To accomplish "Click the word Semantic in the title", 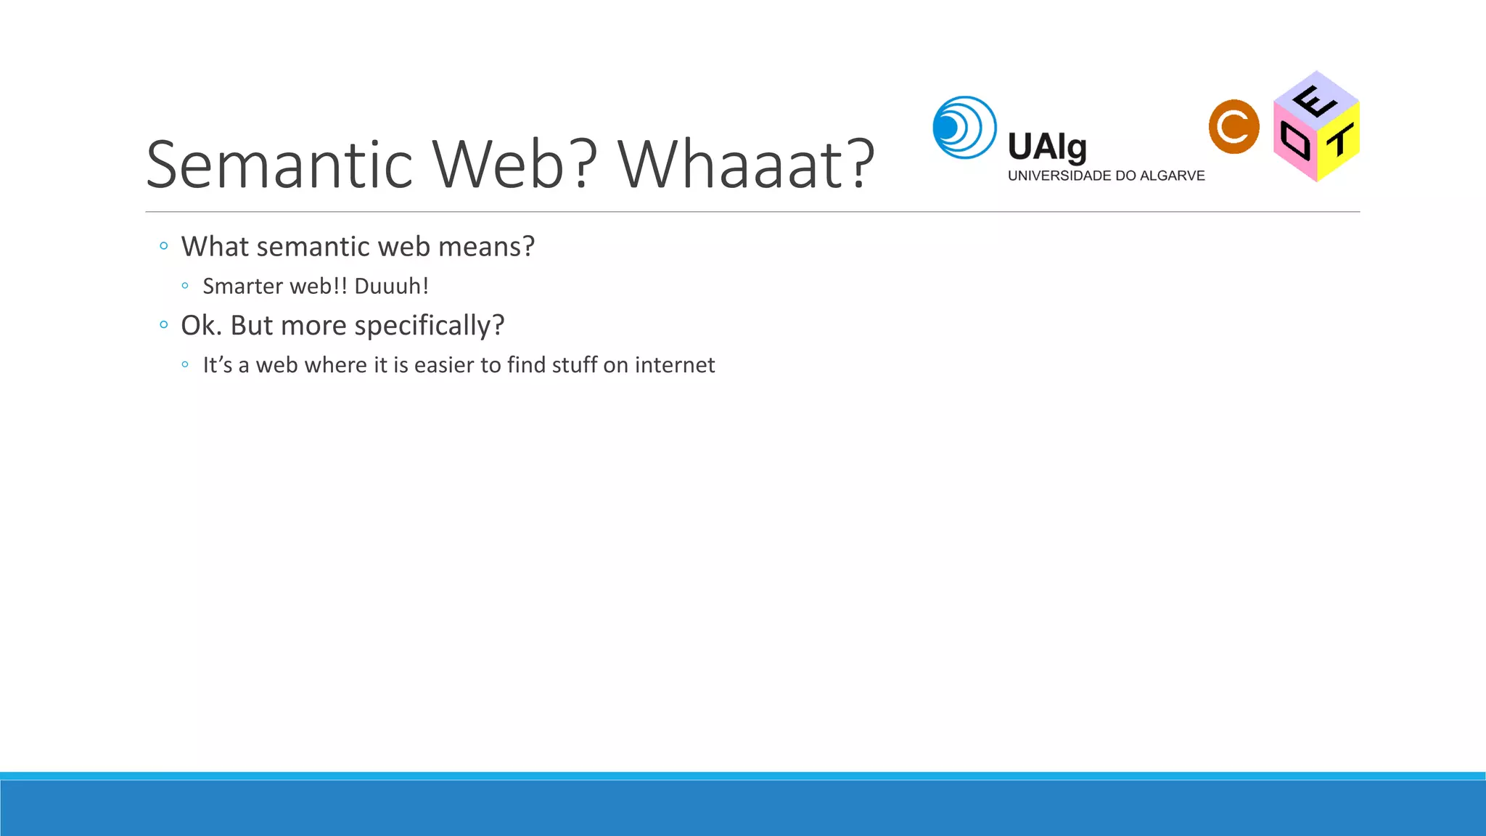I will tap(279, 165).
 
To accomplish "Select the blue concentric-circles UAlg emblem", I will tap(964, 128).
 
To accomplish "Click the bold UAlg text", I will tap(1047, 147).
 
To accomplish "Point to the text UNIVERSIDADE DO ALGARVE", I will tap(1106, 176).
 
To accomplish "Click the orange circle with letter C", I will tap(1233, 127).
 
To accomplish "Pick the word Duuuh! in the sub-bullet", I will tap(391, 287).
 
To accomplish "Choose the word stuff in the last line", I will tap(574, 365).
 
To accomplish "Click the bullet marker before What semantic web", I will tap(164, 247).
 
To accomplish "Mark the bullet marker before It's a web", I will tap(185, 365).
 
